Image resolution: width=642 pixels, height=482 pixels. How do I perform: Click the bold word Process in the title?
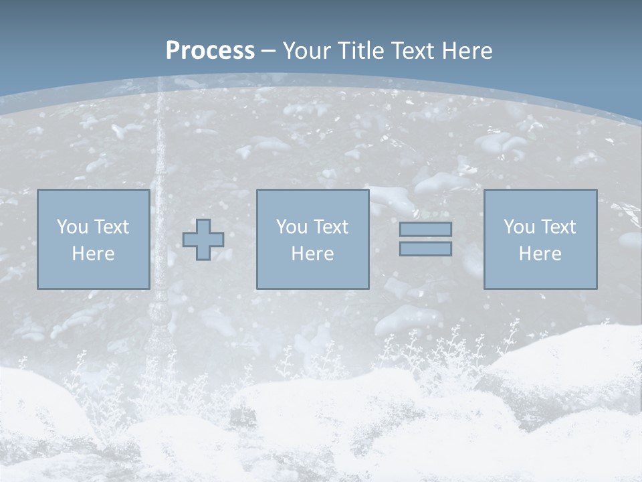click(210, 51)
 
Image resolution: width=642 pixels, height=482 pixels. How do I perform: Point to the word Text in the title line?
click(414, 51)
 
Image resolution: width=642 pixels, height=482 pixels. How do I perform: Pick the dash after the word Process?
click(268, 52)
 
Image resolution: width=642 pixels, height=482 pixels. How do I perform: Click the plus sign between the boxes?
click(203, 240)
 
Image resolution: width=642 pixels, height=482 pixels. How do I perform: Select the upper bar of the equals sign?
click(425, 230)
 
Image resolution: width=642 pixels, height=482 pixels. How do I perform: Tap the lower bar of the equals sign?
click(425, 249)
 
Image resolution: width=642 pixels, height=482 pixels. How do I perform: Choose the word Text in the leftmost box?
click(111, 227)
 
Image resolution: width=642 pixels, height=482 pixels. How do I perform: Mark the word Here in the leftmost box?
click(93, 254)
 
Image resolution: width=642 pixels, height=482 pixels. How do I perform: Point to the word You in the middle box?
click(292, 227)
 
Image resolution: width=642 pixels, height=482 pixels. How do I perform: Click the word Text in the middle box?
click(330, 227)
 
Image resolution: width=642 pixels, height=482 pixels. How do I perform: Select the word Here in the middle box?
click(312, 254)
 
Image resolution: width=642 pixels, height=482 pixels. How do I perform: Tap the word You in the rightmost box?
click(520, 227)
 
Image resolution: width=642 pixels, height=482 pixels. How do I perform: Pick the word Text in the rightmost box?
click(558, 227)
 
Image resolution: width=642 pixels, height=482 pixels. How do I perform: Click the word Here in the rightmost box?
click(540, 254)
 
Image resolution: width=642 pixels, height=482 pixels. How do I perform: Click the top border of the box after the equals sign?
click(540, 190)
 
